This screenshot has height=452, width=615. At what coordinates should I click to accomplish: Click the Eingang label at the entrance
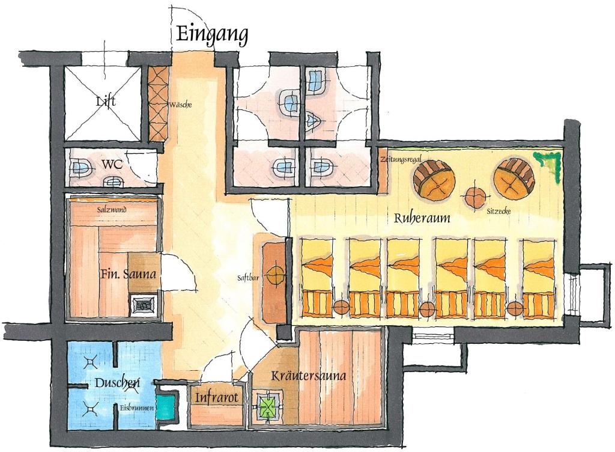[x=212, y=35]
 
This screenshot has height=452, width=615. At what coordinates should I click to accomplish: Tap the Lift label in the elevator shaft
[x=106, y=102]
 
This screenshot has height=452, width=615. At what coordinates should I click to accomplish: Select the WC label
[x=112, y=164]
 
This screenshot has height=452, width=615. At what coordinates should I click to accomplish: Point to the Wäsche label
[x=180, y=105]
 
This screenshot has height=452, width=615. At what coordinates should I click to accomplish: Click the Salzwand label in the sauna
[x=112, y=210]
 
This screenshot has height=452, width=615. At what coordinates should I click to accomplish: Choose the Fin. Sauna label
[x=129, y=273]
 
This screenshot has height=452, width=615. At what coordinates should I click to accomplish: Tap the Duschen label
[x=117, y=382]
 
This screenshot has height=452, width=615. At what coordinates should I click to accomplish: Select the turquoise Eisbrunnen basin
[x=166, y=408]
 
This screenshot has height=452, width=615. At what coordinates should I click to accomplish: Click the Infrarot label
[x=216, y=397]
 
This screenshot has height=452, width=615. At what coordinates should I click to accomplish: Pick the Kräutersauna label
[x=309, y=376]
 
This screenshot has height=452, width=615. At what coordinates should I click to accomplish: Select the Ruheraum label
[x=422, y=218]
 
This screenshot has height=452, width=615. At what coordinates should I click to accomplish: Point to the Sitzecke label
[x=498, y=211]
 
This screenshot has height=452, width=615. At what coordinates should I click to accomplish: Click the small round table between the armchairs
[x=476, y=197]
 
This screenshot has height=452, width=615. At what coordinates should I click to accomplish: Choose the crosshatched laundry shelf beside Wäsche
[x=158, y=103]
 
